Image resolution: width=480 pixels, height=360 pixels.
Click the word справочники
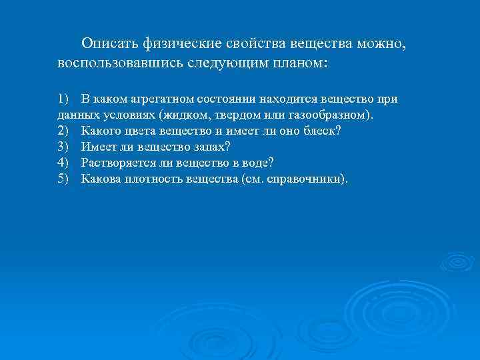click(305, 179)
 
